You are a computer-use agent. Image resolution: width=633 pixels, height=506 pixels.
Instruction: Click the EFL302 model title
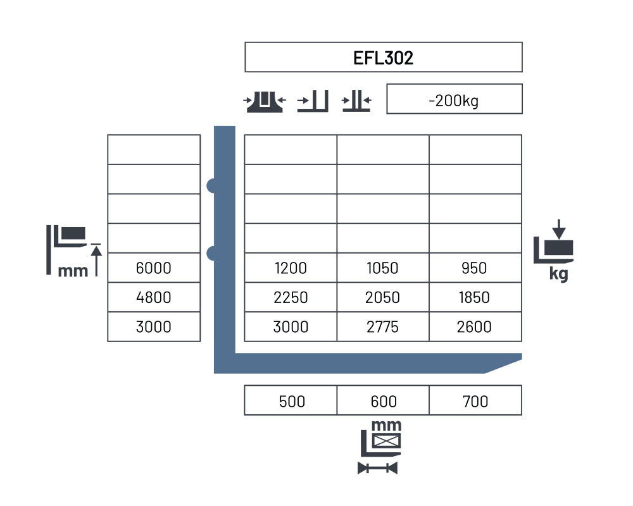pos(383,58)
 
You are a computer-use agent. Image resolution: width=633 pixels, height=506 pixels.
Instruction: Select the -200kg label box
pos(454,99)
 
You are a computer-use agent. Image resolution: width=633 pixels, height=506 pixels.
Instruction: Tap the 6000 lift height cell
pos(154,268)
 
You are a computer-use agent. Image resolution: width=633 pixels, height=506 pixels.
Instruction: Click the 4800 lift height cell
pos(154,297)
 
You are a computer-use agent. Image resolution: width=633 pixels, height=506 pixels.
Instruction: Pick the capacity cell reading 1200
pos(291,268)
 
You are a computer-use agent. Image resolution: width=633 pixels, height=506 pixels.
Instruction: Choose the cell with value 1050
pos(383,268)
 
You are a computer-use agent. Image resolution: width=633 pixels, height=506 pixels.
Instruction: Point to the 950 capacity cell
pos(475,268)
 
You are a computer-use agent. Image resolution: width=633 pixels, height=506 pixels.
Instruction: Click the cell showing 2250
pos(291,297)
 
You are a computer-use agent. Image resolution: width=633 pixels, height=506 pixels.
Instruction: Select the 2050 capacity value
pos(383,297)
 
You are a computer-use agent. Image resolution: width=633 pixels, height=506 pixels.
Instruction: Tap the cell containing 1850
pos(475,297)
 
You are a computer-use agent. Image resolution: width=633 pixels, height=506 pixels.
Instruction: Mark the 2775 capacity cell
pos(383,326)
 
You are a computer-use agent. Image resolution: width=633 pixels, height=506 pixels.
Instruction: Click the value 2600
pos(474,327)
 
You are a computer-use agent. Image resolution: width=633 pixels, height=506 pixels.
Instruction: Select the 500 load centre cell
pos(291,400)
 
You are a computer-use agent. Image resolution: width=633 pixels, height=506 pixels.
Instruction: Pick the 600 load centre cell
pos(383,400)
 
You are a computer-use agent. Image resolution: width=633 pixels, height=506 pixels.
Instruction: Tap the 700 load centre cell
pos(475,400)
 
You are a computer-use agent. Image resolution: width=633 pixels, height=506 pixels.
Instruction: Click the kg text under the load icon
pos(559,274)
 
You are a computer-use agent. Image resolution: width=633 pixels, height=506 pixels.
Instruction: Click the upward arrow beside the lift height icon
pos(96,261)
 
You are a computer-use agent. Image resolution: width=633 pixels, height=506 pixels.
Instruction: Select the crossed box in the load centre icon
pos(386,441)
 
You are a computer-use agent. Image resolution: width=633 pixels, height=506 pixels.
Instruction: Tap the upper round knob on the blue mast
pos(211,185)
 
